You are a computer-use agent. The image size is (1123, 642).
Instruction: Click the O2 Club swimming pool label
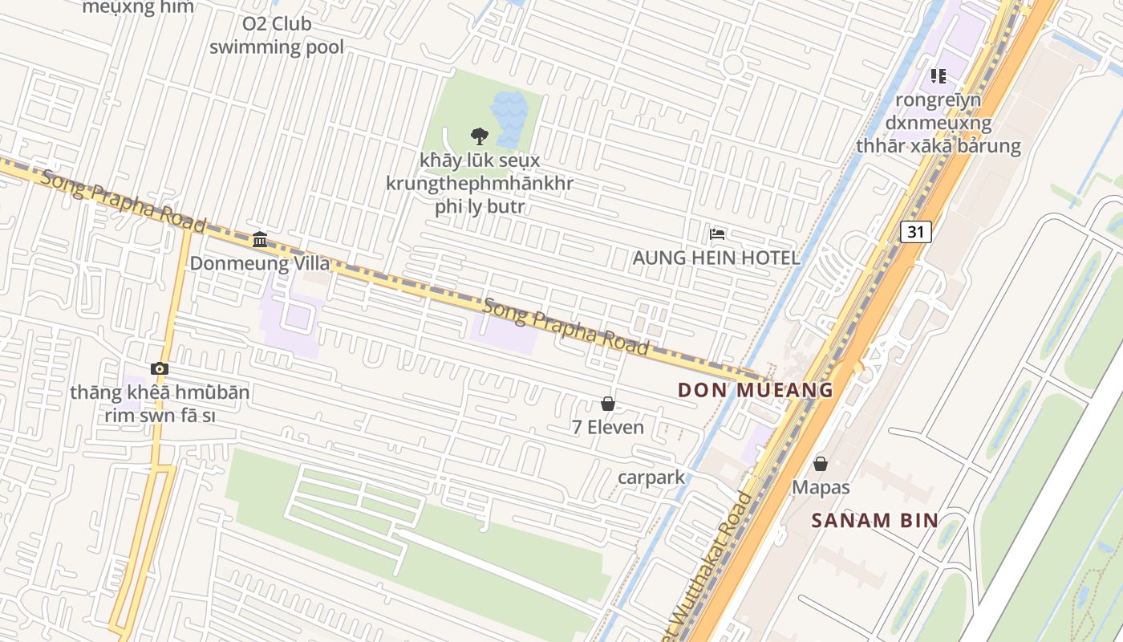[x=277, y=36]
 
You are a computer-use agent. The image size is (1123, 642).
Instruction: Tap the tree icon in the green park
[x=480, y=136]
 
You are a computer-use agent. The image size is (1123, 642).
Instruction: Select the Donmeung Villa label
[x=259, y=263]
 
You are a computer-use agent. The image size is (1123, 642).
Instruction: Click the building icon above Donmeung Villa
[x=259, y=239]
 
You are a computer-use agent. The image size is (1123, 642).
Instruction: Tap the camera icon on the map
[x=160, y=369]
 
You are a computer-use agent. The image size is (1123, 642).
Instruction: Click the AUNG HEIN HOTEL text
[x=716, y=258]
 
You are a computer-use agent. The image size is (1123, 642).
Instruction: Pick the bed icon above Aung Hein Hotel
[x=717, y=234]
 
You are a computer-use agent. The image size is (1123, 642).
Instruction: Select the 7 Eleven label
[x=608, y=427]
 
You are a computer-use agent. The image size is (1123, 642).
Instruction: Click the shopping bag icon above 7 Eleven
[x=608, y=404]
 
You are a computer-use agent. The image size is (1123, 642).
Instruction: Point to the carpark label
[x=651, y=477]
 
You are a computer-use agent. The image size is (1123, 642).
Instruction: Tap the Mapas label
[x=821, y=487]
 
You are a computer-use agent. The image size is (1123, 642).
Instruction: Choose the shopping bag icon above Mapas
[x=821, y=464]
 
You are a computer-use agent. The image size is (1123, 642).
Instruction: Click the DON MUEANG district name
[x=756, y=391]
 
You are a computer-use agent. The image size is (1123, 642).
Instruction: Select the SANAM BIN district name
[x=874, y=520]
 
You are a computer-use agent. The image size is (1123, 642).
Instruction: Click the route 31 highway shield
[x=915, y=232]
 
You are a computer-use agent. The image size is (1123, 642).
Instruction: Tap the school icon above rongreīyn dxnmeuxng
[x=939, y=76]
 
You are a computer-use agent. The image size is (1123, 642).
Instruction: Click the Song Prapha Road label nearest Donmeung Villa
[x=124, y=201]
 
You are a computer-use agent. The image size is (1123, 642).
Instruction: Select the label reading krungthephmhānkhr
[x=480, y=183]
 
